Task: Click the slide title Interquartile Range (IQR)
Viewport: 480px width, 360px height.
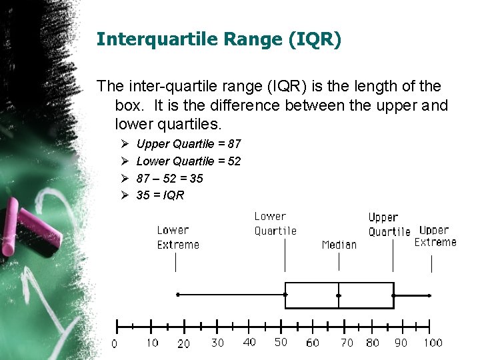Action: tap(219, 39)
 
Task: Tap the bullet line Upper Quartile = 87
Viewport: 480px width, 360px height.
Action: tap(188, 144)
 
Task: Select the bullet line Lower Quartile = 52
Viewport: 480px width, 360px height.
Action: tap(188, 161)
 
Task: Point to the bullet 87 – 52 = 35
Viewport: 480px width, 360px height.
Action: tap(169, 179)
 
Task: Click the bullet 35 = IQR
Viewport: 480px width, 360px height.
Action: tap(160, 196)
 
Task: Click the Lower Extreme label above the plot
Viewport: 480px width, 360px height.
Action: tap(177, 237)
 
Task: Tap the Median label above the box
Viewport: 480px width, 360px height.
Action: tap(339, 245)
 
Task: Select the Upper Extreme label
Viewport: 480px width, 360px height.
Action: tap(435, 236)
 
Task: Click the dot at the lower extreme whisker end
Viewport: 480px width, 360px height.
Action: tap(177, 294)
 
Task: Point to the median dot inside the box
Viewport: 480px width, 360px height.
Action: tap(339, 295)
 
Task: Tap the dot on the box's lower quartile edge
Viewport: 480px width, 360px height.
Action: tap(285, 294)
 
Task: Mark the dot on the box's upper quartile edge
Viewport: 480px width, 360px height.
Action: tap(393, 295)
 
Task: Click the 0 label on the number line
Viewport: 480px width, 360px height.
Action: tap(114, 344)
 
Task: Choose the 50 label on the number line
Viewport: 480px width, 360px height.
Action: tap(281, 342)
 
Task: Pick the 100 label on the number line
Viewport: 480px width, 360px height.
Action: tap(433, 343)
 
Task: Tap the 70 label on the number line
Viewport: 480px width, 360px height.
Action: tap(347, 343)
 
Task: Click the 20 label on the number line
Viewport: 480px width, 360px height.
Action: tap(183, 343)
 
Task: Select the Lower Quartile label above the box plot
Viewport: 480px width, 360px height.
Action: tap(275, 223)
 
